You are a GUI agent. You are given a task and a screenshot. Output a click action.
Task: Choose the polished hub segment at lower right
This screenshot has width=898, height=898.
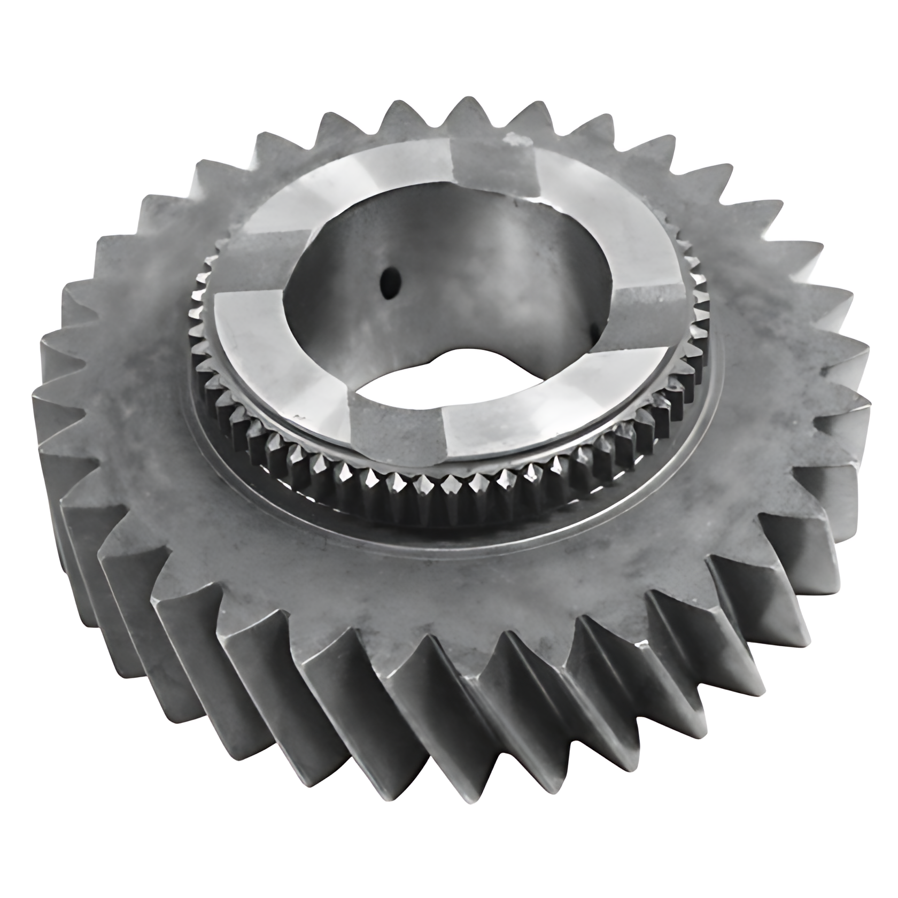coord(540,406)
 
